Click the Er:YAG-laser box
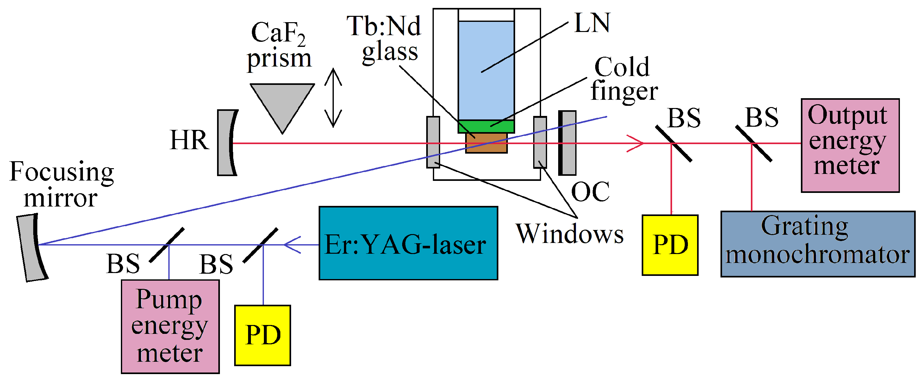coord(408,243)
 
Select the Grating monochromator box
coord(818,244)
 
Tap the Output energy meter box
coord(850,145)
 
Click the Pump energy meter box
coord(170,326)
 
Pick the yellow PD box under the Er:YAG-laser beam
coord(262,335)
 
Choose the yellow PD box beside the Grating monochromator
coord(670,245)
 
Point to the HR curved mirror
coord(227,143)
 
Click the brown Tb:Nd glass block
coord(486,143)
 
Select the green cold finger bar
coord(486,126)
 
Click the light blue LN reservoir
coord(486,70)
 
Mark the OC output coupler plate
coord(567,143)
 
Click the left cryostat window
coord(433,142)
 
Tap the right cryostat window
coord(540,142)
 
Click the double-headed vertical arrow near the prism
coord(333,98)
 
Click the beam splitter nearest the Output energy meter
coord(753,143)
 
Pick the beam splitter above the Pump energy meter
coord(167,245)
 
